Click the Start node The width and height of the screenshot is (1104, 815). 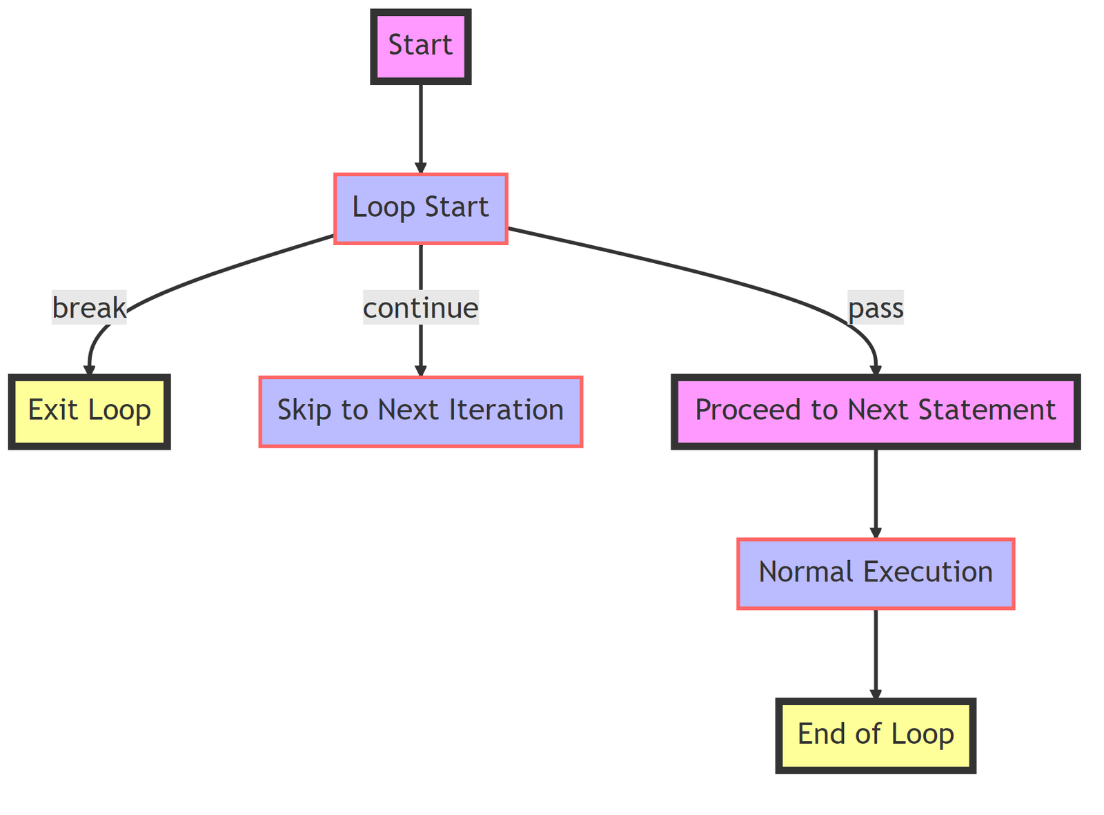click(x=420, y=46)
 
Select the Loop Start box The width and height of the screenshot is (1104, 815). click(x=420, y=208)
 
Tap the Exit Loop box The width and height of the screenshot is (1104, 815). click(x=89, y=411)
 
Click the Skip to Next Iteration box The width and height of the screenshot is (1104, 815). click(x=420, y=411)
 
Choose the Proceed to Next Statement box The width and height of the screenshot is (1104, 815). click(x=875, y=411)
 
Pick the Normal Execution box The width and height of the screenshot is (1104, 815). click(x=875, y=573)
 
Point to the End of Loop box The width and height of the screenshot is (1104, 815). click(x=875, y=734)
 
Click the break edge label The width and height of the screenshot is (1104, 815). click(x=89, y=308)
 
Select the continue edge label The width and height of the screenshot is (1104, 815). click(x=420, y=308)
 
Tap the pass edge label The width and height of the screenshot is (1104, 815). click(x=875, y=308)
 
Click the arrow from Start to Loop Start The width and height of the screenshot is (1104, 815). click(x=420, y=128)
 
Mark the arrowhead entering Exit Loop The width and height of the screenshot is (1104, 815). click(x=89, y=370)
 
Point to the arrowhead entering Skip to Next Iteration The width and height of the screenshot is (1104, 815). click(x=420, y=370)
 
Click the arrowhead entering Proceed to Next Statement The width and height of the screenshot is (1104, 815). click(x=875, y=370)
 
